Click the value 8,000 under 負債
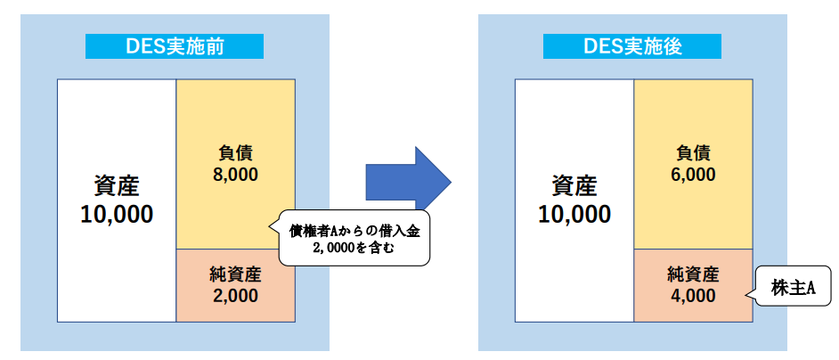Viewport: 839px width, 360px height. pyautogui.click(x=236, y=175)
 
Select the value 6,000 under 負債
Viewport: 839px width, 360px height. pyautogui.click(x=694, y=175)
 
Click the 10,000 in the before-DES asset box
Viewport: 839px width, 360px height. pyautogui.click(x=117, y=215)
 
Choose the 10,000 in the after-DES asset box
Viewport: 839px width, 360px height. pyautogui.click(x=574, y=215)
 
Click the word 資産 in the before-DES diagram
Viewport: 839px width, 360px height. pyautogui.click(x=117, y=186)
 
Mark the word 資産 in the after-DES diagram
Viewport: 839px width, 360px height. pyautogui.click(x=574, y=186)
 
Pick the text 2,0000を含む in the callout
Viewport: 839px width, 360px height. pyautogui.click(x=354, y=250)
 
